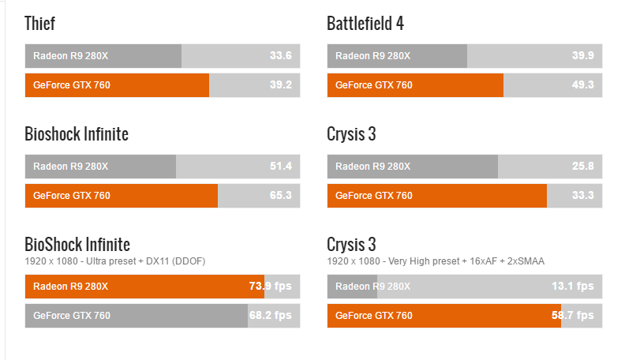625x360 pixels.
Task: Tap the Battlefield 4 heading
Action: pyautogui.click(x=365, y=24)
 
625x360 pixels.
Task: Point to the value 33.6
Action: pyautogui.click(x=281, y=56)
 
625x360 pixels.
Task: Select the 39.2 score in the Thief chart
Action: pyautogui.click(x=281, y=85)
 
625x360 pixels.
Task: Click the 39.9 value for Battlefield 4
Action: pyautogui.click(x=582, y=56)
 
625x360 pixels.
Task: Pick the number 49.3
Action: pyautogui.click(x=582, y=85)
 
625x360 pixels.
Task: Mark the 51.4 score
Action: pyautogui.click(x=281, y=167)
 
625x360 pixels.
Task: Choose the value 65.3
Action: pyautogui.click(x=281, y=196)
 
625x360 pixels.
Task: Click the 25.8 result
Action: pyautogui.click(x=582, y=167)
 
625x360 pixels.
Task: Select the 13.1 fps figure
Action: pyautogui.click(x=572, y=287)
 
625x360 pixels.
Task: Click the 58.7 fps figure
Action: pyautogui.click(x=572, y=316)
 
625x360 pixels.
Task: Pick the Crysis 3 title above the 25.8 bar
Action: pyautogui.click(x=351, y=134)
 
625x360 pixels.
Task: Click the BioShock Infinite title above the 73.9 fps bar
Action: pyautogui.click(x=77, y=244)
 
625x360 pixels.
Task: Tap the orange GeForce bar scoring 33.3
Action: pyautogui.click(x=436, y=196)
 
